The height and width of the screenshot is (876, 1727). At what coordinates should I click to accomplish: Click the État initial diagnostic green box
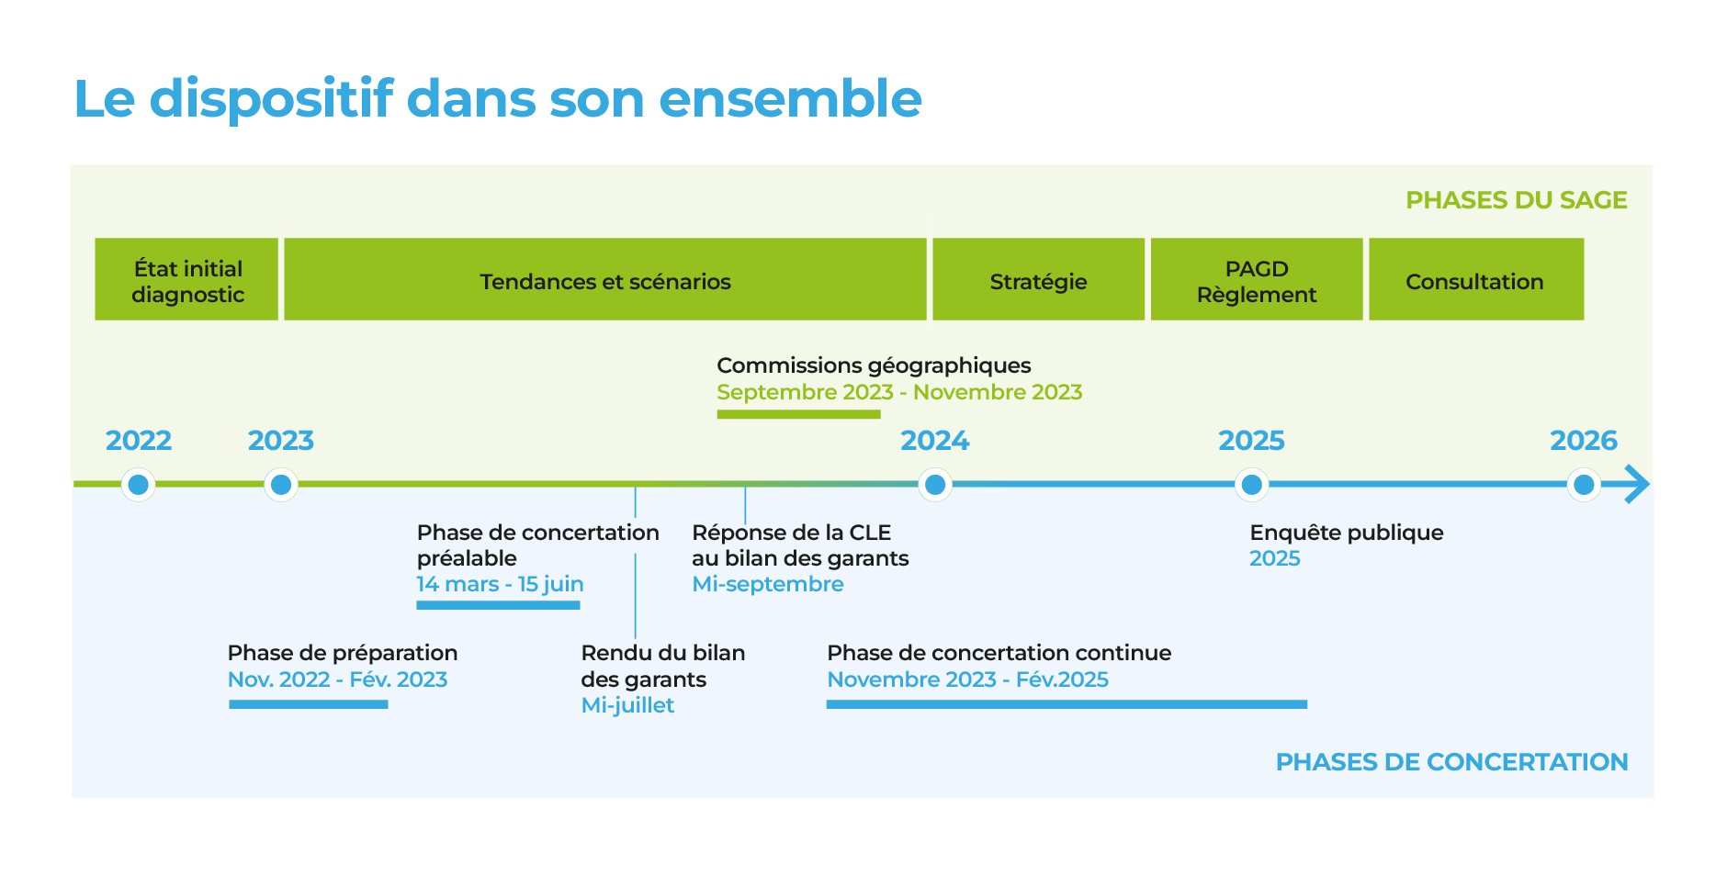186,279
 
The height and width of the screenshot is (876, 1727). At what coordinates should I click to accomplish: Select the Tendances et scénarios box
605,279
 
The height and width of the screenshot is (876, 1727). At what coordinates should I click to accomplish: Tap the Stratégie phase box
1039,279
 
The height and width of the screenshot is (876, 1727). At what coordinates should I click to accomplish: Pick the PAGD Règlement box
1257,279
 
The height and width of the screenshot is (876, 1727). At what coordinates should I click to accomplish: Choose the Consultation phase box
1476,279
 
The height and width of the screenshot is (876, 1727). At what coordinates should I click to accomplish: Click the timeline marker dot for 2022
139,484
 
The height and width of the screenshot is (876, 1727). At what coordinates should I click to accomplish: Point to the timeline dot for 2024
935,484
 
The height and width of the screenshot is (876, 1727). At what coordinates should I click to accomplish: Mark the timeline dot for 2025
1251,484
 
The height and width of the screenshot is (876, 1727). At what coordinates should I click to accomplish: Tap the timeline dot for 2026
1584,484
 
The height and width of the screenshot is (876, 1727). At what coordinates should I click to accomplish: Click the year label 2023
281,441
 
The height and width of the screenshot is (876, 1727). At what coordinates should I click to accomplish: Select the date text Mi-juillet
627,705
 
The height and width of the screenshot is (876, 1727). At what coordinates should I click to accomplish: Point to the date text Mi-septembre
767,584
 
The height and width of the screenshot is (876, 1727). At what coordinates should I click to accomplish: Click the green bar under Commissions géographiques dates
798,414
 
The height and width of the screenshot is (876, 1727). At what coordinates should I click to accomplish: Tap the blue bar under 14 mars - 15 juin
498,605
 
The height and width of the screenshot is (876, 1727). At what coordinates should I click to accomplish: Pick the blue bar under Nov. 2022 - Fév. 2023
309,704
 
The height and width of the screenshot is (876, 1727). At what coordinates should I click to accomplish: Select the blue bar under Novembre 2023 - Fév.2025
1067,704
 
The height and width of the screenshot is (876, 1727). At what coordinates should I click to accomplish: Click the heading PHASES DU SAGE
1517,200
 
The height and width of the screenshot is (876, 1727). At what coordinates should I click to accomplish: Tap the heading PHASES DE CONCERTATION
1451,762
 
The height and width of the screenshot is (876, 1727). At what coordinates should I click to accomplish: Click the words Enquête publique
1347,533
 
